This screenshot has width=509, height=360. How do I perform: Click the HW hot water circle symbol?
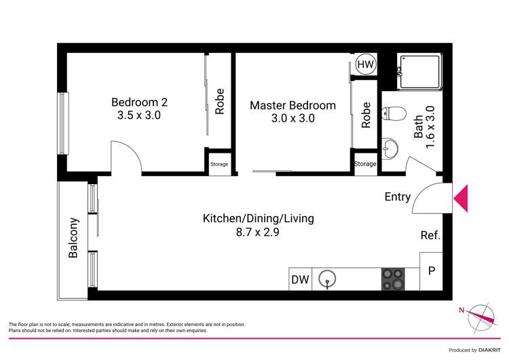click(x=365, y=64)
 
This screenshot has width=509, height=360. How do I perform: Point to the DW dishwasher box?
click(x=300, y=279)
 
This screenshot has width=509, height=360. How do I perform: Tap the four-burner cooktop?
click(x=392, y=279)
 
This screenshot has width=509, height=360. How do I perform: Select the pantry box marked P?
click(x=431, y=271)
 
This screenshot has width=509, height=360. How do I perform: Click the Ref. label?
click(x=430, y=236)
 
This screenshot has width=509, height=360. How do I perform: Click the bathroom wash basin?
click(x=390, y=147)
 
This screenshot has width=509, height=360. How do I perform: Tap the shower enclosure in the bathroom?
click(x=419, y=71)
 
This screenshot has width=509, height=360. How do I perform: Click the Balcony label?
click(x=73, y=238)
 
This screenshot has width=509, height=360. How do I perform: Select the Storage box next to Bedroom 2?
click(x=219, y=164)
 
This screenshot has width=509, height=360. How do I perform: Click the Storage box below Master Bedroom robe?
click(x=365, y=164)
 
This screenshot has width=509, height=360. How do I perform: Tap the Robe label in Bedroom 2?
click(x=219, y=101)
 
